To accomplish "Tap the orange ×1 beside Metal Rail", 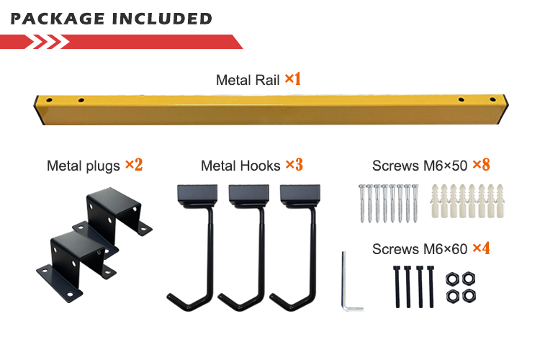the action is (292, 78).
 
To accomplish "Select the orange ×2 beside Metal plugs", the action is (134, 165).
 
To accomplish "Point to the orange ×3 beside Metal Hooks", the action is (294, 165).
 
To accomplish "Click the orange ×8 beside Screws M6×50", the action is (481, 165).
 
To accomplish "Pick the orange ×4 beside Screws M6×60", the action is (481, 249).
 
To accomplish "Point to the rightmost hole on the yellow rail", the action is (492, 100).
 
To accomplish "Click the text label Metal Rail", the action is (248, 79).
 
